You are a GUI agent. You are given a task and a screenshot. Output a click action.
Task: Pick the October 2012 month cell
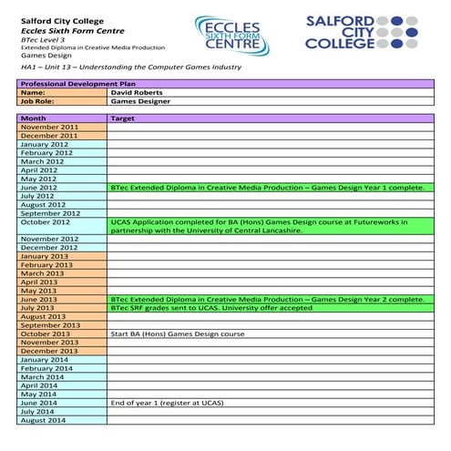point(46,221)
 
